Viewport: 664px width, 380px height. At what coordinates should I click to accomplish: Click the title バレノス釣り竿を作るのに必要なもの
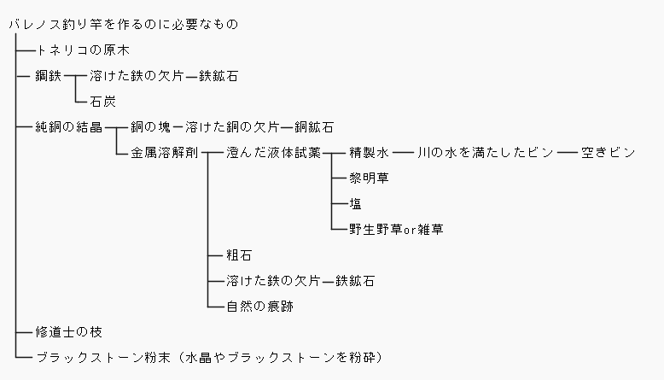pyautogui.click(x=122, y=25)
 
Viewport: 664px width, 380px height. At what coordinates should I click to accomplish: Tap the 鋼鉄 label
pyautogui.click(x=48, y=76)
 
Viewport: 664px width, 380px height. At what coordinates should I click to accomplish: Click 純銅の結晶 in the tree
pyautogui.click(x=69, y=127)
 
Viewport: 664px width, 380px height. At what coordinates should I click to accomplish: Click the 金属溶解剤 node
pyautogui.click(x=164, y=153)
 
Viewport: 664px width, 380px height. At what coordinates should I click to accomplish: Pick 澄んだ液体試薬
pyautogui.click(x=273, y=153)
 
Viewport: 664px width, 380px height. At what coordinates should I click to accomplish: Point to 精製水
pyautogui.click(x=369, y=153)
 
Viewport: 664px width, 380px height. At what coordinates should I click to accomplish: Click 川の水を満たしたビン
pyautogui.click(x=485, y=153)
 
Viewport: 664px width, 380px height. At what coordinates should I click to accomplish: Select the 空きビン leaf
pyautogui.click(x=608, y=153)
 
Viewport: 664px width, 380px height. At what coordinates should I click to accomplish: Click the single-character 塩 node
pyautogui.click(x=355, y=204)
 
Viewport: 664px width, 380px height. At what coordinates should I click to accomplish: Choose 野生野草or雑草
pyautogui.click(x=396, y=230)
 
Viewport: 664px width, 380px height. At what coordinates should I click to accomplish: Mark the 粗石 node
pyautogui.click(x=239, y=255)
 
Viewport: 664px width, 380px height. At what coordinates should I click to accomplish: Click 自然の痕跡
pyautogui.click(x=259, y=305)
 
